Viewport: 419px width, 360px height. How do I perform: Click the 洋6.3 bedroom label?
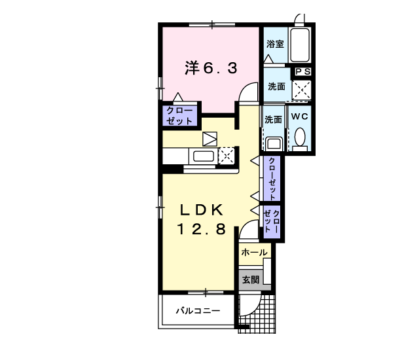click(x=210, y=68)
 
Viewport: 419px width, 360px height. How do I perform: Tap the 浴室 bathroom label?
click(x=275, y=45)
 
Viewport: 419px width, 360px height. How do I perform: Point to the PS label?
click(x=302, y=72)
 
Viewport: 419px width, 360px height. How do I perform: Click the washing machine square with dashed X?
click(x=302, y=90)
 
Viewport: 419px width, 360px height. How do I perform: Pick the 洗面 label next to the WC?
click(x=273, y=120)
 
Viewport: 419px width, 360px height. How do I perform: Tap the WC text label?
click(x=299, y=117)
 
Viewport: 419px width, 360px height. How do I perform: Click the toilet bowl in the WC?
click(x=300, y=138)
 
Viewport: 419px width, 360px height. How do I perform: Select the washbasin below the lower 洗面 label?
click(x=274, y=142)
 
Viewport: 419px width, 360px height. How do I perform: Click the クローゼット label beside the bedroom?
click(x=179, y=116)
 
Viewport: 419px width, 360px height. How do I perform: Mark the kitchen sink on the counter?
click(x=202, y=156)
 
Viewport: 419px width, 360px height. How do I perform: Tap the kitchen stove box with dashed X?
click(x=226, y=156)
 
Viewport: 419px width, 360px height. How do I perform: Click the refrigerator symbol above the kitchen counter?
click(x=209, y=139)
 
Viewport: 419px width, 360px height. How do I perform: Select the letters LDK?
click(x=202, y=210)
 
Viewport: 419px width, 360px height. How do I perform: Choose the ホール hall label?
click(x=253, y=252)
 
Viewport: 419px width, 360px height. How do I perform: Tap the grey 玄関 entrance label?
click(x=250, y=279)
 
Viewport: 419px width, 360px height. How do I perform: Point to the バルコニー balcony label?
click(x=196, y=312)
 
